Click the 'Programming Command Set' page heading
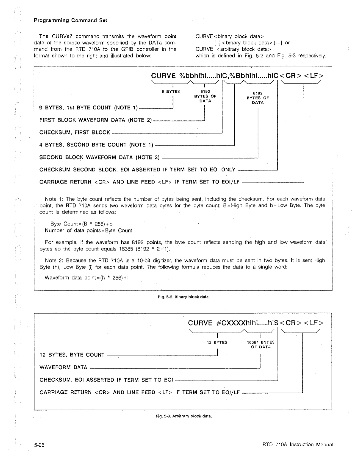click(x=70, y=20)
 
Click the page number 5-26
click(x=39, y=445)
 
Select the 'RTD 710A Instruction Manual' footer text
click(x=296, y=444)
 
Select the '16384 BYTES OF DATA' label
click(x=261, y=345)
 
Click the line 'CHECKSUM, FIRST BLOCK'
click(x=75, y=132)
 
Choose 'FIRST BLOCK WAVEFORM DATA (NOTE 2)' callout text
click(x=96, y=120)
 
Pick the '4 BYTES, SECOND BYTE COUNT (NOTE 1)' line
click(x=96, y=145)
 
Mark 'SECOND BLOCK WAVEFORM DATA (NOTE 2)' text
click(x=99, y=157)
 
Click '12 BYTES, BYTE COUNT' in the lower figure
click(x=72, y=355)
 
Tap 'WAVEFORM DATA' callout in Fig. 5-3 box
click(x=63, y=367)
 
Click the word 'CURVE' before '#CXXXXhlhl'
click(x=200, y=323)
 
